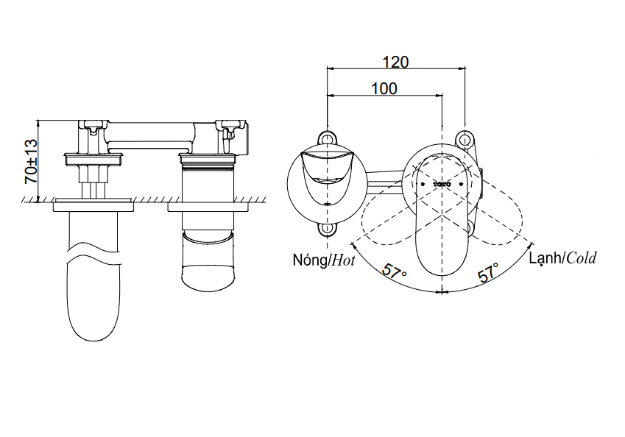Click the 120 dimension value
click(395, 62)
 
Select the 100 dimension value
click(384, 88)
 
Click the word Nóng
click(309, 259)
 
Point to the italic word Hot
click(342, 259)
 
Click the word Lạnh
click(545, 257)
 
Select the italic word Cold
click(582, 257)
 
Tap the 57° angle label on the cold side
click(487, 272)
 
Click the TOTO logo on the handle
click(442, 182)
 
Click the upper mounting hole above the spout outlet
click(326, 138)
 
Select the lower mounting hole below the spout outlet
click(326, 230)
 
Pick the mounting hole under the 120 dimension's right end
click(464, 138)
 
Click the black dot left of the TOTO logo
click(421, 182)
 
